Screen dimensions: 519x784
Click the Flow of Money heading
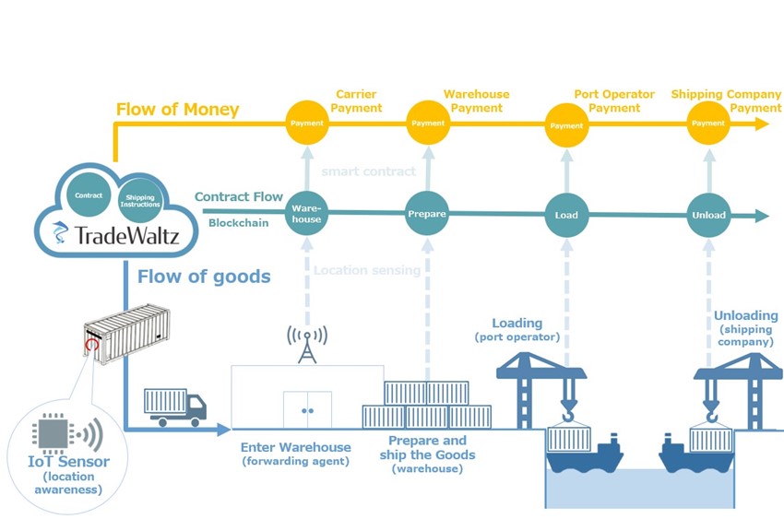coord(177,110)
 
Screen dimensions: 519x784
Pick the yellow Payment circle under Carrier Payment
coord(307,123)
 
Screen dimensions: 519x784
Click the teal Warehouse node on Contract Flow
coord(307,214)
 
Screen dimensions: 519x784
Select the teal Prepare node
coord(427,214)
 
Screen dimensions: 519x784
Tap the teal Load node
coord(566,215)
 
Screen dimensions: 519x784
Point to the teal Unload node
coord(708,215)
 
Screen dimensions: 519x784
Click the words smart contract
coord(369,171)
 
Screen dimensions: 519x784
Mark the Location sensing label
coord(367,270)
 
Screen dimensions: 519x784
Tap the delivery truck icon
coord(175,407)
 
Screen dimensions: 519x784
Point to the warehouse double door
coord(307,408)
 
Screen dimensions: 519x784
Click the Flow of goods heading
coord(204,276)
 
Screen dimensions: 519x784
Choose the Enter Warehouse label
coord(295,447)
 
